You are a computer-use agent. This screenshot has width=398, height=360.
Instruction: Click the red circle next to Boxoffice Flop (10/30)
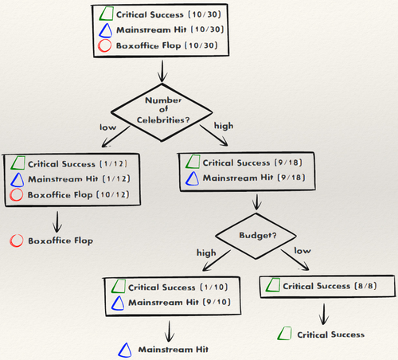103,47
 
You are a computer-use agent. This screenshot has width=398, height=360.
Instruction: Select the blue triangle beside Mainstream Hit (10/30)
103,30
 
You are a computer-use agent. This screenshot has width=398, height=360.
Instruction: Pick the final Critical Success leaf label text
330,335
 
